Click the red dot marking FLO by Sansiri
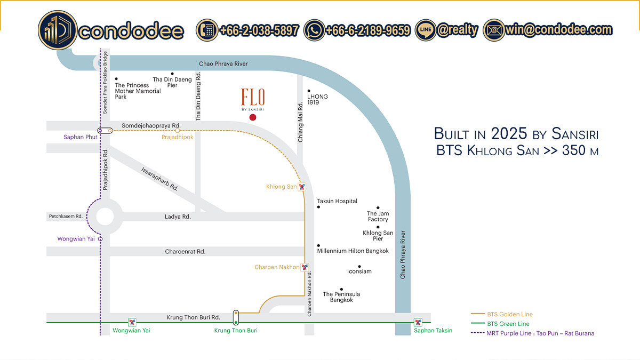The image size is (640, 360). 253,117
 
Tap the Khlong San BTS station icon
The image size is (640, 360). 302,187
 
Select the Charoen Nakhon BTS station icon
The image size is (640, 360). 305,267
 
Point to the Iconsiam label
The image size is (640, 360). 359,271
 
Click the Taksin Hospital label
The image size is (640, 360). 337,201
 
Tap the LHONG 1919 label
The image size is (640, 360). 317,99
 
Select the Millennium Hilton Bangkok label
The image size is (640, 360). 353,251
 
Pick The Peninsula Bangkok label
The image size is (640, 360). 341,297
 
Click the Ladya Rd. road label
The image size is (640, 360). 178,217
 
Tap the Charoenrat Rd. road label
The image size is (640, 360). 185,251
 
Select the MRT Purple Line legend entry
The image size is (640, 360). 540,333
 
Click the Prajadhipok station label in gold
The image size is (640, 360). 177,137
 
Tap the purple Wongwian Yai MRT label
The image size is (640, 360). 76,239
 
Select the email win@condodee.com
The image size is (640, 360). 558,30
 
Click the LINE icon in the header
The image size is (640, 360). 426,30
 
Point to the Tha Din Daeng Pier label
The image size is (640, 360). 172,82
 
